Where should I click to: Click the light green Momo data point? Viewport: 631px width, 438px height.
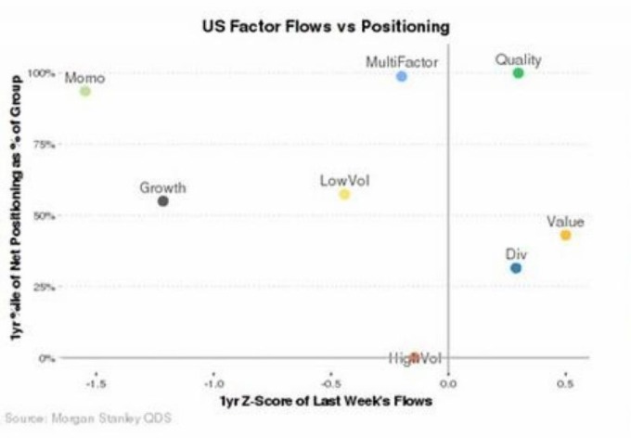click(85, 91)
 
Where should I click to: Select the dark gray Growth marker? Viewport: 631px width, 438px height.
click(163, 200)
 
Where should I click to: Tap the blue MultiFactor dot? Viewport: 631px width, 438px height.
click(402, 76)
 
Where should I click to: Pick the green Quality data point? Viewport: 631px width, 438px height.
click(519, 72)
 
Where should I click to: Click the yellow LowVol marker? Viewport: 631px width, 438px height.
click(344, 194)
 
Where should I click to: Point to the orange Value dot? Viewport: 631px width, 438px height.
click(565, 235)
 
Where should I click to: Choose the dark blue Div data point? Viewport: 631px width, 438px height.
click(516, 268)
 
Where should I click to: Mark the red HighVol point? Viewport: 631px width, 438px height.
click(415, 357)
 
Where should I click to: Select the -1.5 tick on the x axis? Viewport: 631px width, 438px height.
click(96, 380)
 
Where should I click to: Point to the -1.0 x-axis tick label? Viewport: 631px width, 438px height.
click(213, 380)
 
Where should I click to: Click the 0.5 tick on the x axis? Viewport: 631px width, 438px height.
click(565, 380)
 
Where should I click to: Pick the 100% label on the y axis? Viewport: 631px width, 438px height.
click(44, 72)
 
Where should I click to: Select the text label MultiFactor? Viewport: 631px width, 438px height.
click(402, 62)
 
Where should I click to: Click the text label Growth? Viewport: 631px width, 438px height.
click(163, 187)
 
